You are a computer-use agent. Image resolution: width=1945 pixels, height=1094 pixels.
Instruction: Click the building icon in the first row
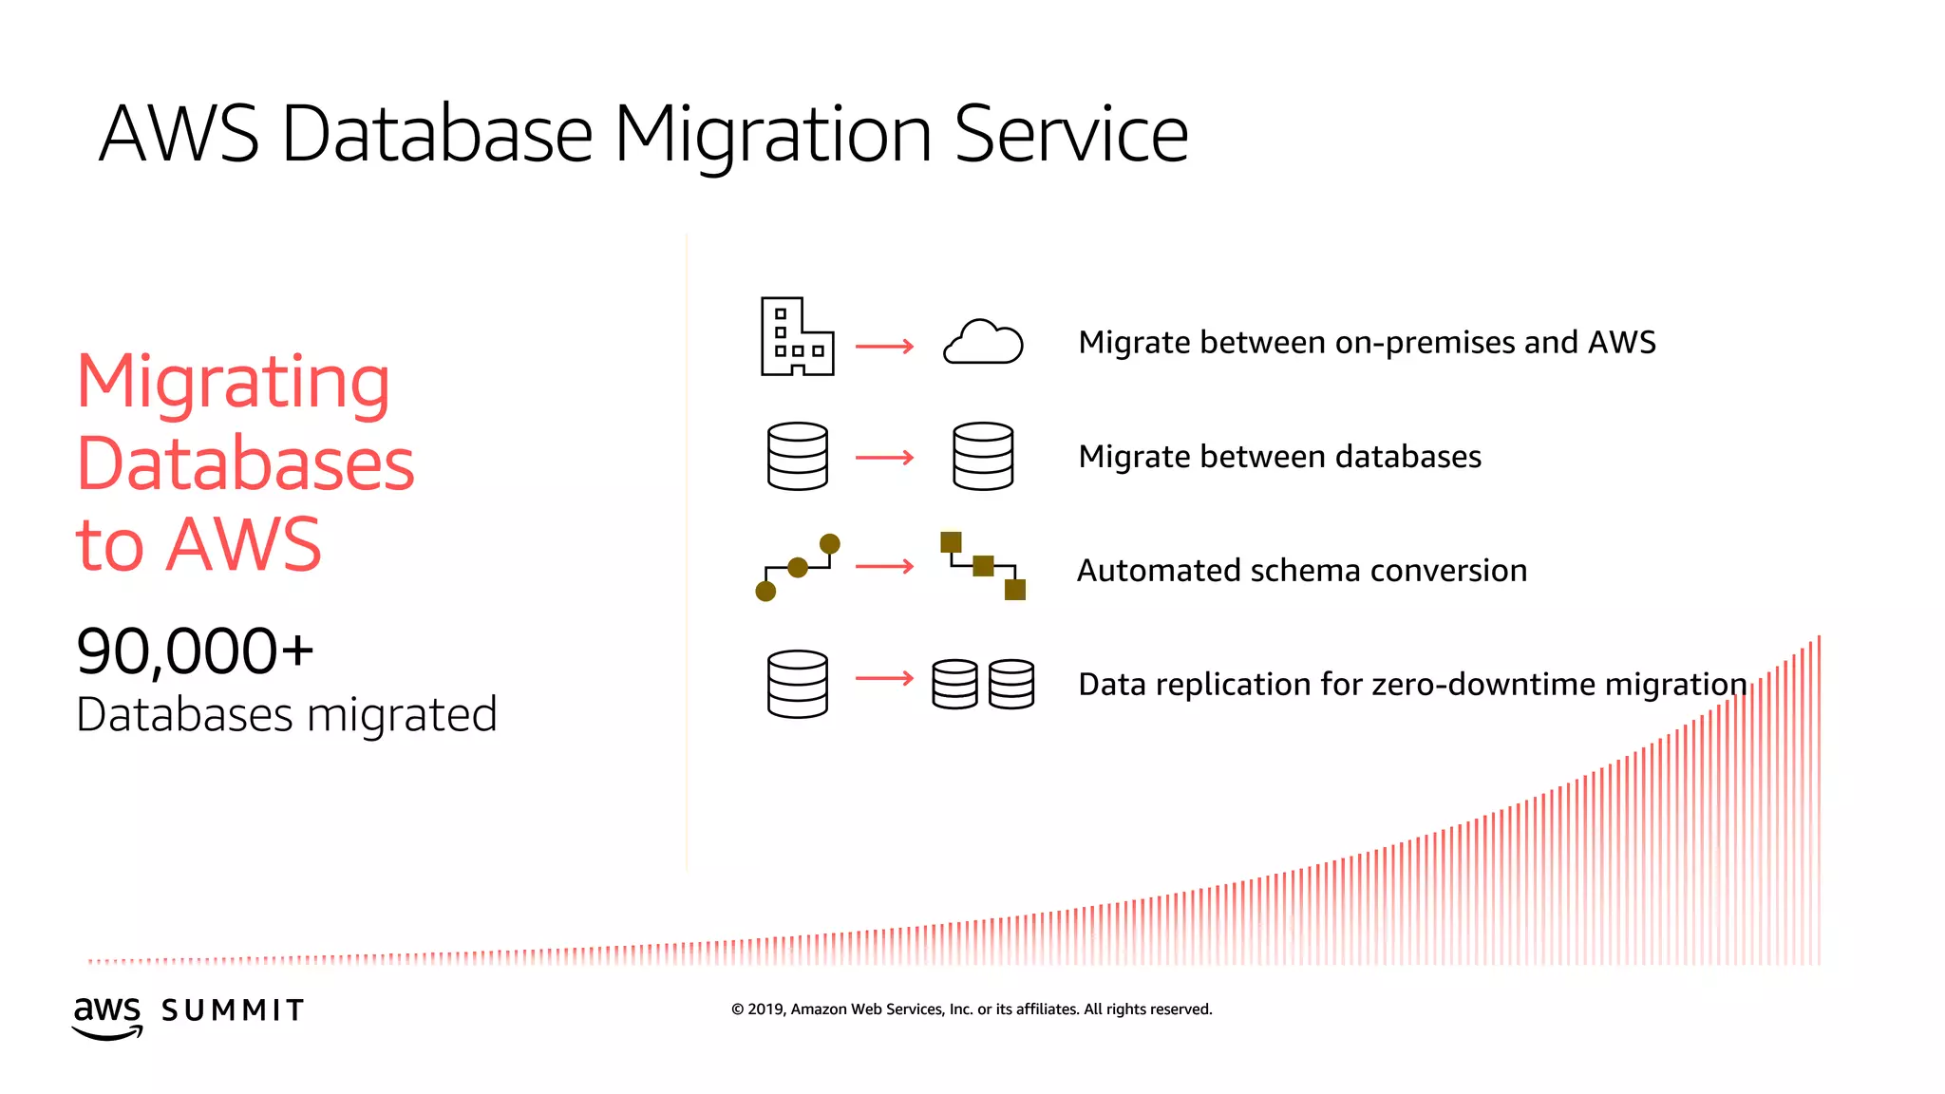click(796, 338)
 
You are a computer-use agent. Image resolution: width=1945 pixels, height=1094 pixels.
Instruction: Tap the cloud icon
click(983, 343)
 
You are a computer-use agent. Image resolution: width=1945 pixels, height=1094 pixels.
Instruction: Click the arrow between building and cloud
click(884, 347)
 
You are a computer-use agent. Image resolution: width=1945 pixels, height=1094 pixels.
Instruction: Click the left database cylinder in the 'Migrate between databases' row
click(797, 457)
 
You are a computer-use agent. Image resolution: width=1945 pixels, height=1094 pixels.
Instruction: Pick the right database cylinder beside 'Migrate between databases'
click(983, 457)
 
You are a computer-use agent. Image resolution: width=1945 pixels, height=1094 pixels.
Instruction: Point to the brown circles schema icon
click(797, 568)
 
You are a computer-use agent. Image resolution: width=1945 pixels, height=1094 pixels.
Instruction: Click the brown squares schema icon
click(983, 566)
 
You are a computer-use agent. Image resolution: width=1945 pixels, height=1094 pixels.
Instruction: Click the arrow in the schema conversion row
click(884, 567)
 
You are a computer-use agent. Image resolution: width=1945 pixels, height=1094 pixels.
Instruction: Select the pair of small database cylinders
click(983, 684)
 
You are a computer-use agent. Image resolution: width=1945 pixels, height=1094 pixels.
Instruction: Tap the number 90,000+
click(195, 652)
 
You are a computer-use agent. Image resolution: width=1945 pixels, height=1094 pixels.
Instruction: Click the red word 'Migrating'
click(234, 382)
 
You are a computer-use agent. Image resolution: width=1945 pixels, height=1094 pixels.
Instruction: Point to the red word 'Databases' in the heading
click(245, 464)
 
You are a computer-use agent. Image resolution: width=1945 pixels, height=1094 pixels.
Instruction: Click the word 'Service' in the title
click(1070, 134)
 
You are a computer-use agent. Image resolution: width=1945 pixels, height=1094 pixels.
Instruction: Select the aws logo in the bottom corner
click(107, 1015)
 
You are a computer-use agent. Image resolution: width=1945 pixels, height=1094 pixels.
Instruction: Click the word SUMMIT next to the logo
click(233, 1010)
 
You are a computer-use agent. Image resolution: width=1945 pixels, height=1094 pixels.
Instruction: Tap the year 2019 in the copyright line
click(765, 1009)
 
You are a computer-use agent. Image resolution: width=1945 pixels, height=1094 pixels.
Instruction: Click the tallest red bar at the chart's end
click(1819, 798)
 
